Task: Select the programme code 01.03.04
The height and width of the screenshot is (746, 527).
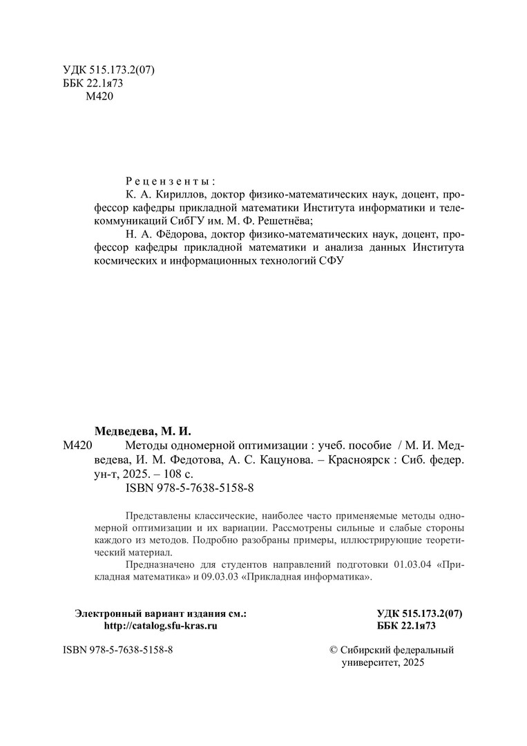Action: pyautogui.click(x=414, y=564)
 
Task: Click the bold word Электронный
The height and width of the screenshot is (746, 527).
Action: pyautogui.click(x=104, y=613)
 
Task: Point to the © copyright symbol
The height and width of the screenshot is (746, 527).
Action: pyautogui.click(x=335, y=650)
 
